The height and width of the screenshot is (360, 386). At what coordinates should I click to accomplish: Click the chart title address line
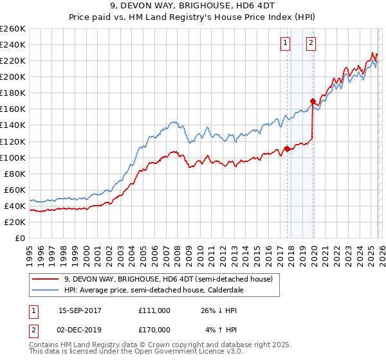193,7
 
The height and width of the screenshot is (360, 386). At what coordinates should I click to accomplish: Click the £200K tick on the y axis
12,76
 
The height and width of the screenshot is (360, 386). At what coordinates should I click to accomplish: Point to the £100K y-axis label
12,157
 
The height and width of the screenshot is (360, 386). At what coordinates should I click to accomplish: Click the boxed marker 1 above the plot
285,43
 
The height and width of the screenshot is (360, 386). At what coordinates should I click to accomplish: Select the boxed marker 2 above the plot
311,43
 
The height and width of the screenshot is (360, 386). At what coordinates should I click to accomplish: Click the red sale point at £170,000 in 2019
313,101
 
